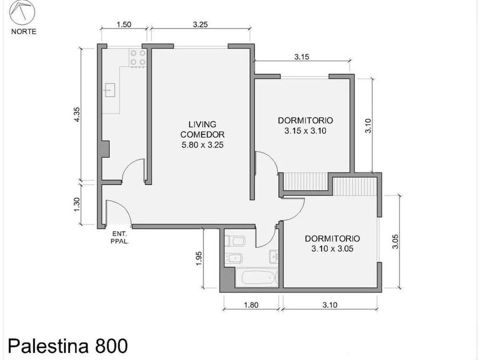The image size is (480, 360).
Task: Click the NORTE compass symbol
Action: click(22, 13)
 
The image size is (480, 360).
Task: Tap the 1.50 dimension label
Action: click(124, 25)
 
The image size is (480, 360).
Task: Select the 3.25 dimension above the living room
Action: click(201, 25)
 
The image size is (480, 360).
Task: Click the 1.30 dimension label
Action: click(77, 204)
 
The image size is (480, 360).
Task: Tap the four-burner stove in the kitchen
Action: click(138, 58)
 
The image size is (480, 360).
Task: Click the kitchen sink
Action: click(110, 90)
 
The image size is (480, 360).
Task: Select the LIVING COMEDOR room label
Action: click(202, 130)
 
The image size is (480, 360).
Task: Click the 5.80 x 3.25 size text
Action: click(202, 145)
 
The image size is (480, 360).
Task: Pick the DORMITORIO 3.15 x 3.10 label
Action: click(305, 126)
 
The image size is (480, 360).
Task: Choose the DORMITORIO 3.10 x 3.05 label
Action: click(332, 243)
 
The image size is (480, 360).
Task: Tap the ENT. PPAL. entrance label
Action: click(119, 238)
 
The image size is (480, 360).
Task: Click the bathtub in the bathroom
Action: click(258, 278)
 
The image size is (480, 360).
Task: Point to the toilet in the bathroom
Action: click(235, 241)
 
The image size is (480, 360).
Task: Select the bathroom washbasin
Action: click(273, 257)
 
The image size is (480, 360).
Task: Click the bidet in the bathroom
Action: click(234, 259)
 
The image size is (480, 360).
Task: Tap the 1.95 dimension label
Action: click(199, 259)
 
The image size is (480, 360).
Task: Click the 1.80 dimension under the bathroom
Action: click(251, 305)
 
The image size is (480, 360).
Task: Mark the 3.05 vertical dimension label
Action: click(395, 242)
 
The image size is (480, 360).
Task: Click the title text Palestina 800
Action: click(67, 346)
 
